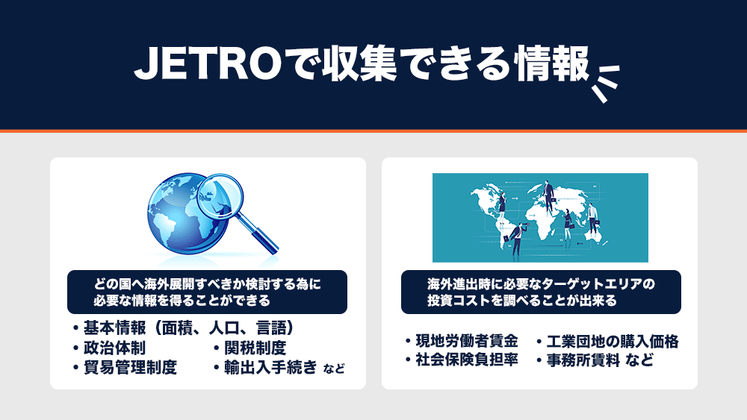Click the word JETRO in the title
coord(207,63)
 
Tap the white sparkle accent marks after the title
coord(605,83)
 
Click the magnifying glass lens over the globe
coord(220,195)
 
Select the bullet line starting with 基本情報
coord(184,328)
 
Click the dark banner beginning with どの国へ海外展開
coord(207,292)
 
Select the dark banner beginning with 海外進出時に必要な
coord(541,292)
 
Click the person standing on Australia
coord(592,219)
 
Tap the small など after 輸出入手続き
coord(334,369)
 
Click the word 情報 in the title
coord(552,63)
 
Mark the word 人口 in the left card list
coord(224,328)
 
